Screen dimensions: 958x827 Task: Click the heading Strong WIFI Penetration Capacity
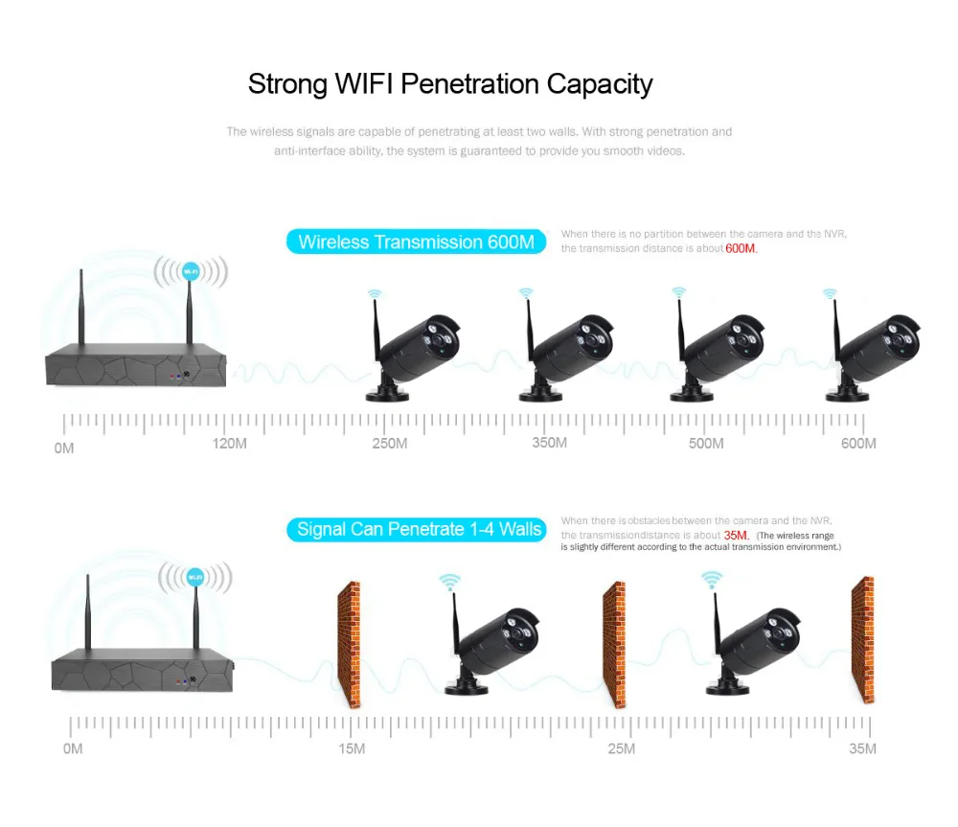point(450,84)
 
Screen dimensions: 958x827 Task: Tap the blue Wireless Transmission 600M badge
point(417,241)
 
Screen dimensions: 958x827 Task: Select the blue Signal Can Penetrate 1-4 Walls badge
point(417,528)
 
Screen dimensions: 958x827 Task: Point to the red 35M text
point(737,535)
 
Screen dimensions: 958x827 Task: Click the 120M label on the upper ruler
point(230,444)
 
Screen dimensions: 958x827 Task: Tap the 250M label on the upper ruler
point(390,444)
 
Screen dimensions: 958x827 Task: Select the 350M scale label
point(549,443)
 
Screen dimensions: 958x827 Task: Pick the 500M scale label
point(706,444)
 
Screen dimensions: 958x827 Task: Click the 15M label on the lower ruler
point(351,748)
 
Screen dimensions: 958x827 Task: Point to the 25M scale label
point(621,748)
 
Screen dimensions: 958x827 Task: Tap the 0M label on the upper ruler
point(64,448)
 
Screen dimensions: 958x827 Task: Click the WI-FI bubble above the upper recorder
point(191,271)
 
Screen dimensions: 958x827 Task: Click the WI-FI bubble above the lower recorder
point(194,577)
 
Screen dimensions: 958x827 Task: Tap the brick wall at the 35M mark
point(862,639)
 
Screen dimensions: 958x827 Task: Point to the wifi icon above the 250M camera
point(375,294)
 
